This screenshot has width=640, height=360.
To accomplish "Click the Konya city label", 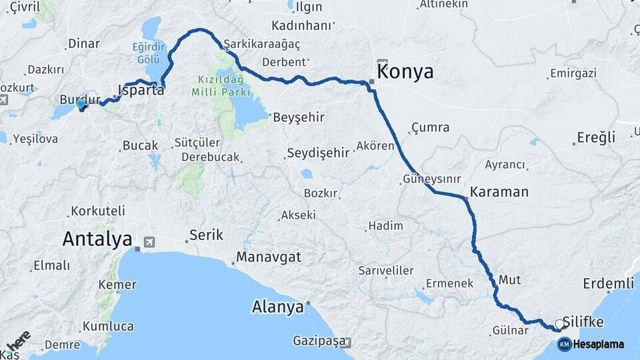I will click(405, 71).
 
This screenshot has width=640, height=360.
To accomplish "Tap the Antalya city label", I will click(97, 239).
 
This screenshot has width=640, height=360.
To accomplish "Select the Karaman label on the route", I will click(499, 192).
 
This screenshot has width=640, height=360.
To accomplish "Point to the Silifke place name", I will click(583, 322).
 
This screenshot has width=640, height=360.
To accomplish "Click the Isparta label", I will click(141, 89).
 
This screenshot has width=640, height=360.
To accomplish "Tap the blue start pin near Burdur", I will click(81, 104).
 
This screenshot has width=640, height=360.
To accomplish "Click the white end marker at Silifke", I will click(559, 324).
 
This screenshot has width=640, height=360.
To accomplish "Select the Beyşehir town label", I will click(298, 117).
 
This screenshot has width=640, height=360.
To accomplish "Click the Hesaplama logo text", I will click(599, 344).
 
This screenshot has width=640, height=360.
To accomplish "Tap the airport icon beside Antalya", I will click(149, 241).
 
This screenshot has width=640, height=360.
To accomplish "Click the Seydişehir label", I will click(318, 153).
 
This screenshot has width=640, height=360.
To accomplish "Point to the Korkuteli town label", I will click(98, 211).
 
